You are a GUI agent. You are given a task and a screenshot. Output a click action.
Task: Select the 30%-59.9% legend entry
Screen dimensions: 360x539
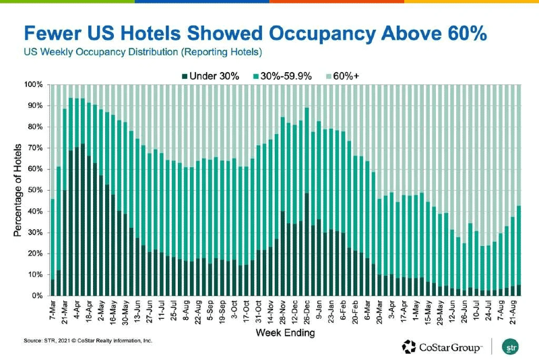tap(286, 76)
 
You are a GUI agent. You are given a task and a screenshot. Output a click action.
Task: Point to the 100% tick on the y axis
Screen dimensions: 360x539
tap(34, 85)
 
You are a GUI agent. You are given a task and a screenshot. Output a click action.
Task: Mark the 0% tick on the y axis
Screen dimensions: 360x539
tap(38, 296)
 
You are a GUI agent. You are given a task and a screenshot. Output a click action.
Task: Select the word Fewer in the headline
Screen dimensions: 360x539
tap(55, 34)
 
